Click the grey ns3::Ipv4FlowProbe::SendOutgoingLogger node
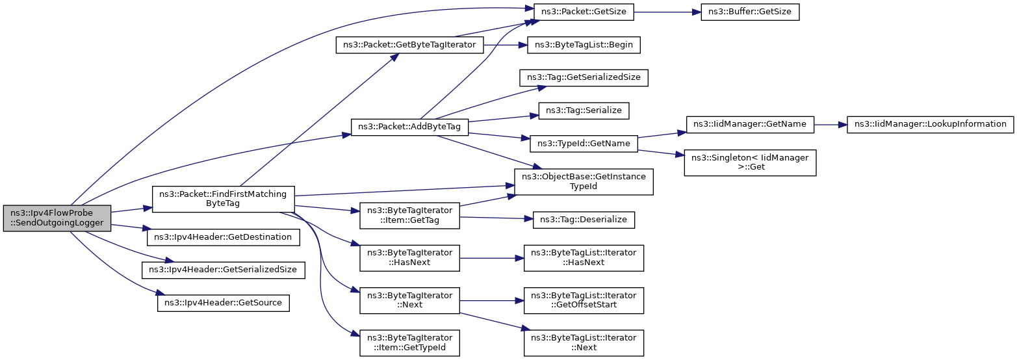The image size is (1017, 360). click(x=57, y=218)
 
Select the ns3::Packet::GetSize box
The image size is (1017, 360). click(x=584, y=12)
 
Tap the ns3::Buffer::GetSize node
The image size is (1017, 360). click(x=750, y=12)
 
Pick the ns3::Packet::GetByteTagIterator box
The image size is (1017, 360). click(x=409, y=45)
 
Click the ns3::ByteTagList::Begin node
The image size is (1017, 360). click(x=584, y=45)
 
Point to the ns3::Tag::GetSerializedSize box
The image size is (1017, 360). click(x=584, y=77)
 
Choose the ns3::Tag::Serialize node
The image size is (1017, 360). click(x=584, y=110)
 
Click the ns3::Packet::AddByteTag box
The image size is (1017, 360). click(x=409, y=127)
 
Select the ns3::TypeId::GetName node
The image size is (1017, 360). click(x=584, y=144)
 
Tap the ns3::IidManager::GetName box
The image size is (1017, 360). click(x=750, y=124)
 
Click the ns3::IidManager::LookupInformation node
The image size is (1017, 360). click(x=931, y=124)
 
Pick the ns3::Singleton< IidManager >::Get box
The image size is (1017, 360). click(x=750, y=162)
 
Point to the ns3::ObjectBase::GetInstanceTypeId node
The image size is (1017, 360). click(x=584, y=181)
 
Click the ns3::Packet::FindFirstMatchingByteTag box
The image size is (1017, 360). click(x=223, y=199)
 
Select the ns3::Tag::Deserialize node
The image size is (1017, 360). click(x=584, y=220)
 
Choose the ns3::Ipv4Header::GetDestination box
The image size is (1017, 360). click(x=223, y=237)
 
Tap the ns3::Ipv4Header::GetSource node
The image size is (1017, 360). click(x=223, y=303)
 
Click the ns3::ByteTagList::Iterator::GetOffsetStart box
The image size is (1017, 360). click(x=584, y=300)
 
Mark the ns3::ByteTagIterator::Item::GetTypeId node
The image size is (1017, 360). click(x=409, y=342)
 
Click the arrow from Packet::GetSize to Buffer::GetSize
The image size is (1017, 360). click(x=667, y=12)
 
